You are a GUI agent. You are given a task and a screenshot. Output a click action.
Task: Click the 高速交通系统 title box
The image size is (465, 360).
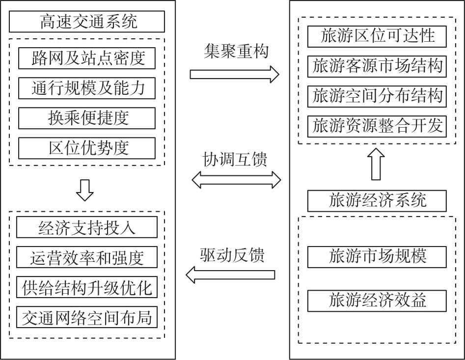coord(87,22)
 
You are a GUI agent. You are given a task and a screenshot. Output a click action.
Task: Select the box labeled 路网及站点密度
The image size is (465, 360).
coord(87,58)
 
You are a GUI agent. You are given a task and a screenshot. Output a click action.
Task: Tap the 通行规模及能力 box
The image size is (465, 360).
coord(87,88)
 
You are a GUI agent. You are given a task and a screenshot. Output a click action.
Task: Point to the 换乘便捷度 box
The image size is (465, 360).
coord(87,118)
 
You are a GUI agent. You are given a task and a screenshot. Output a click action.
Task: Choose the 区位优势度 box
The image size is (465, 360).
coord(87,148)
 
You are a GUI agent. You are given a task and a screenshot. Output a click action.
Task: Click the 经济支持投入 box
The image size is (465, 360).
coord(87,227)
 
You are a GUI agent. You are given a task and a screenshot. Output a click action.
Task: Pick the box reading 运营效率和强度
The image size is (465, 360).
coord(87,257)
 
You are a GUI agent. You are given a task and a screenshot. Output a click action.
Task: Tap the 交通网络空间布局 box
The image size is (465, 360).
coord(87,318)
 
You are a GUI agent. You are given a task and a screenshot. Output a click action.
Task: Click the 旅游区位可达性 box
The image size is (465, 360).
coord(377,36)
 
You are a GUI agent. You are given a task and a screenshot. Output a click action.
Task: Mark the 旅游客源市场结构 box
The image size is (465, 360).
coord(377,66)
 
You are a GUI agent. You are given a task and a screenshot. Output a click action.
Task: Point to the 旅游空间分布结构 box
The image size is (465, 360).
coord(377,96)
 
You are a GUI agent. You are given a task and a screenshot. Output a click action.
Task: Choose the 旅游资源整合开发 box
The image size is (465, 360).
coord(377,126)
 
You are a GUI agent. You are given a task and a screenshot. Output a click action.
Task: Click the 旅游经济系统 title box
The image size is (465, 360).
coord(377,200)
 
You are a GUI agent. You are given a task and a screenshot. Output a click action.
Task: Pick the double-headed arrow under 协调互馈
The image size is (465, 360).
coord(236,180)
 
